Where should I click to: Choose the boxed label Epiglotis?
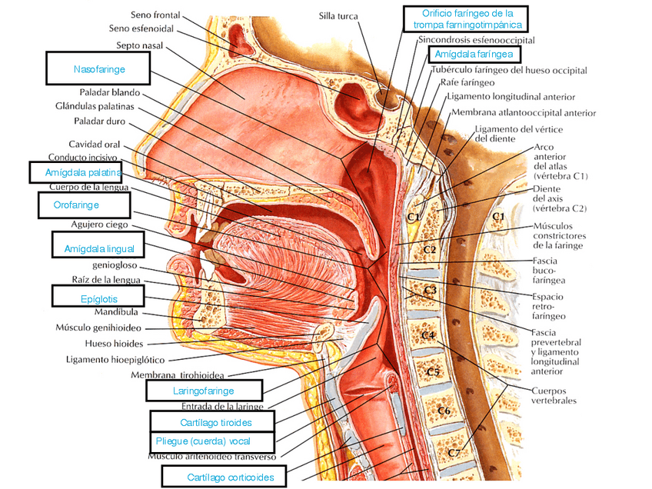pos(97,296)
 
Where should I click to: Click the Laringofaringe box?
pos(204,391)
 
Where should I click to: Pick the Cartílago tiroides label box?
pos(211,421)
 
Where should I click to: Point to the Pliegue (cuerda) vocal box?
pos(211,442)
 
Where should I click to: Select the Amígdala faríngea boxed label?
pos(474,55)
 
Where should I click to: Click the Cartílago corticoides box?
pos(223,477)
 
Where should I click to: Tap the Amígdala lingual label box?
pos(98,248)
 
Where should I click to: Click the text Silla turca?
pos(339,15)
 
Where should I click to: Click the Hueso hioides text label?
pos(114,343)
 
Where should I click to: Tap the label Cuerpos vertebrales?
pos(554,395)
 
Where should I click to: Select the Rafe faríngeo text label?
pos(462,82)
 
